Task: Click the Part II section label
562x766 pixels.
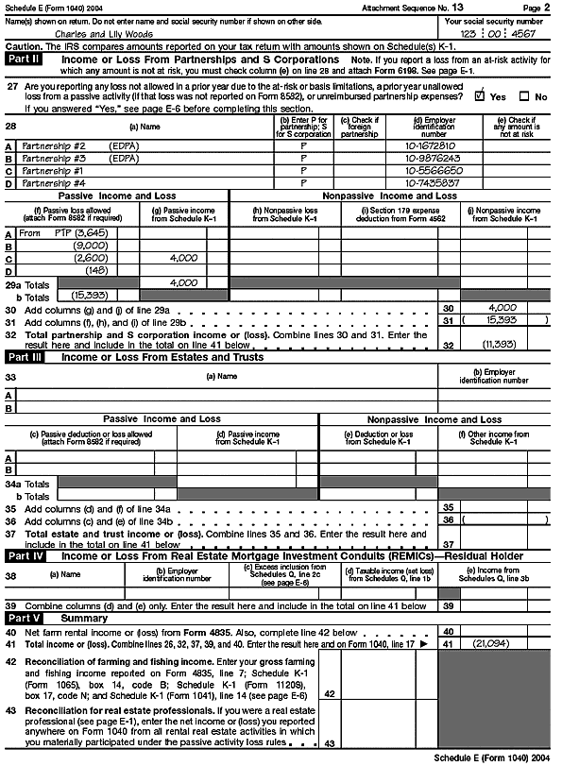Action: pos(24,58)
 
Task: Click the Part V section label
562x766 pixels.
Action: pos(24,618)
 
